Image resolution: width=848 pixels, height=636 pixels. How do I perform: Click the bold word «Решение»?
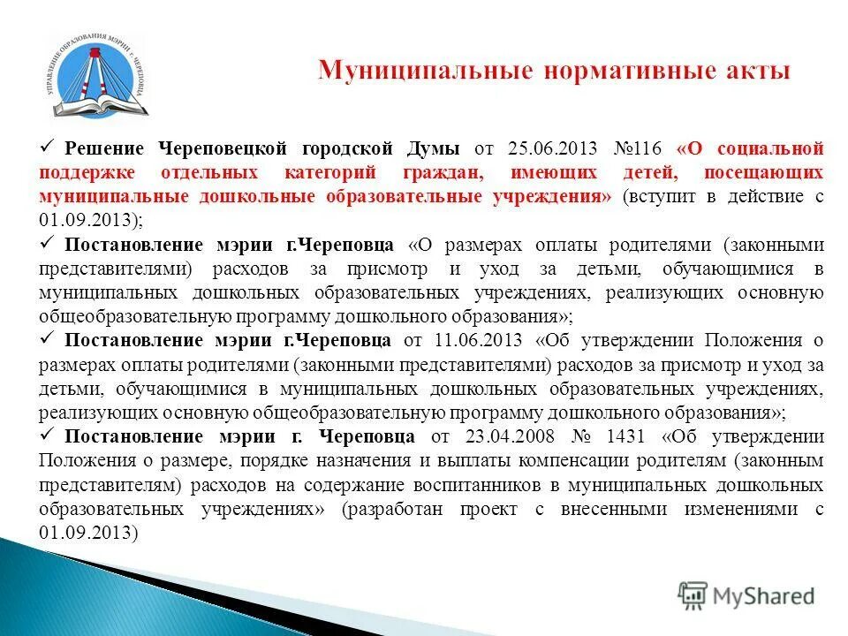tap(105, 148)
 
